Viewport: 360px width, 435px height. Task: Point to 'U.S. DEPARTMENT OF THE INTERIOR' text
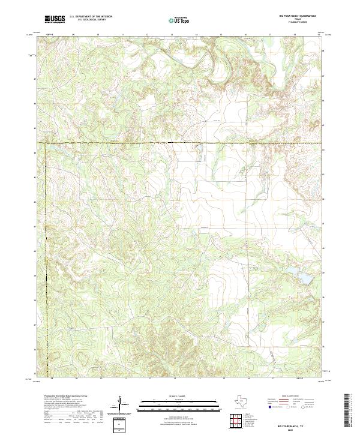[x=91, y=17]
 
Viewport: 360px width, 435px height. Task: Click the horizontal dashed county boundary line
[x=180, y=143]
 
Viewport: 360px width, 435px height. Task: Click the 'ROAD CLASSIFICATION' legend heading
[x=287, y=397]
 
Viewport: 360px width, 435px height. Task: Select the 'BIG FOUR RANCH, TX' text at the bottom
[x=291, y=425]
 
